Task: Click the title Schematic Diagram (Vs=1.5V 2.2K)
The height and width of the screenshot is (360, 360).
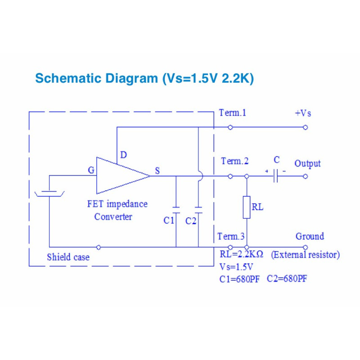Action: click(144, 78)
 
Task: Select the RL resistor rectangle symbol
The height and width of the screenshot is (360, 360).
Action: click(247, 207)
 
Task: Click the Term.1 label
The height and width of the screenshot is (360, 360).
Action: click(232, 113)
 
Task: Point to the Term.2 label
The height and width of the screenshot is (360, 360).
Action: click(234, 161)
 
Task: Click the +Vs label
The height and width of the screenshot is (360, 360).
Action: click(303, 113)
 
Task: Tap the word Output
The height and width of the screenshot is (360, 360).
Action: click(308, 163)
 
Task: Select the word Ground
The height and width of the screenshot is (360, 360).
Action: click(310, 236)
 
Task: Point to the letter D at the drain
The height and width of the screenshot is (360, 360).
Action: click(123, 155)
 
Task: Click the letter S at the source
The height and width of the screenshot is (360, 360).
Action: click(157, 171)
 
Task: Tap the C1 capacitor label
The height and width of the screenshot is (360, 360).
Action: click(169, 220)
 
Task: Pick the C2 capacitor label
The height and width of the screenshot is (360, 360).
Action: click(191, 220)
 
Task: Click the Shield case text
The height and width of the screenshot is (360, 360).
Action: click(68, 257)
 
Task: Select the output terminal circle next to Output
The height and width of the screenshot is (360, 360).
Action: click(306, 176)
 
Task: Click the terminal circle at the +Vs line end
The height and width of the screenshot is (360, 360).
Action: click(306, 127)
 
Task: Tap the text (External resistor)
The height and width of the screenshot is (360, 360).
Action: click(305, 255)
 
